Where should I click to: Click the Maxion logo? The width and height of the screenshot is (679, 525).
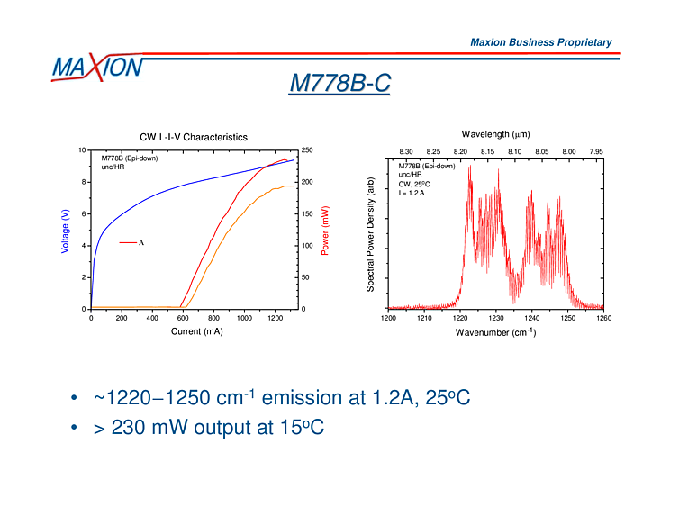click(x=96, y=68)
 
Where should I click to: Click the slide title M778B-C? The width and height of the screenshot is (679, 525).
click(x=339, y=83)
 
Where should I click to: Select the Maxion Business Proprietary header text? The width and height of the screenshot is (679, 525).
click(x=540, y=42)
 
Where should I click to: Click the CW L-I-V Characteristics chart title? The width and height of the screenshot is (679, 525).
click(x=193, y=138)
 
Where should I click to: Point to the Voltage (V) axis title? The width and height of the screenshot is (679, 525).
click(x=65, y=231)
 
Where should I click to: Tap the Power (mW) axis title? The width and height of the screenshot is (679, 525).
click(x=325, y=231)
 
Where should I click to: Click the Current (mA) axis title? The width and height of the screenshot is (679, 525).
click(x=196, y=331)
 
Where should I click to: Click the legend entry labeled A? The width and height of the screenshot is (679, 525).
click(x=131, y=242)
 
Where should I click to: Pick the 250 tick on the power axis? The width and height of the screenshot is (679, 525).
click(x=307, y=150)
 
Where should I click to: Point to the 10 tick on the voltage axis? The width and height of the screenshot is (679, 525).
click(x=82, y=150)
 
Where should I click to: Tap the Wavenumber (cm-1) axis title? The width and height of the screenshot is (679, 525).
click(x=496, y=332)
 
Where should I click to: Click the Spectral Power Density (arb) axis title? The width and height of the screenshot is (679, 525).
click(x=370, y=234)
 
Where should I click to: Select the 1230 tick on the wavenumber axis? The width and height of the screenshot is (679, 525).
click(x=496, y=318)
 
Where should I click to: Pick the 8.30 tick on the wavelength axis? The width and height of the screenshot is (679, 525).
click(x=405, y=151)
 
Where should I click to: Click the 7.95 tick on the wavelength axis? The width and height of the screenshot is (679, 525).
click(x=595, y=151)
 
